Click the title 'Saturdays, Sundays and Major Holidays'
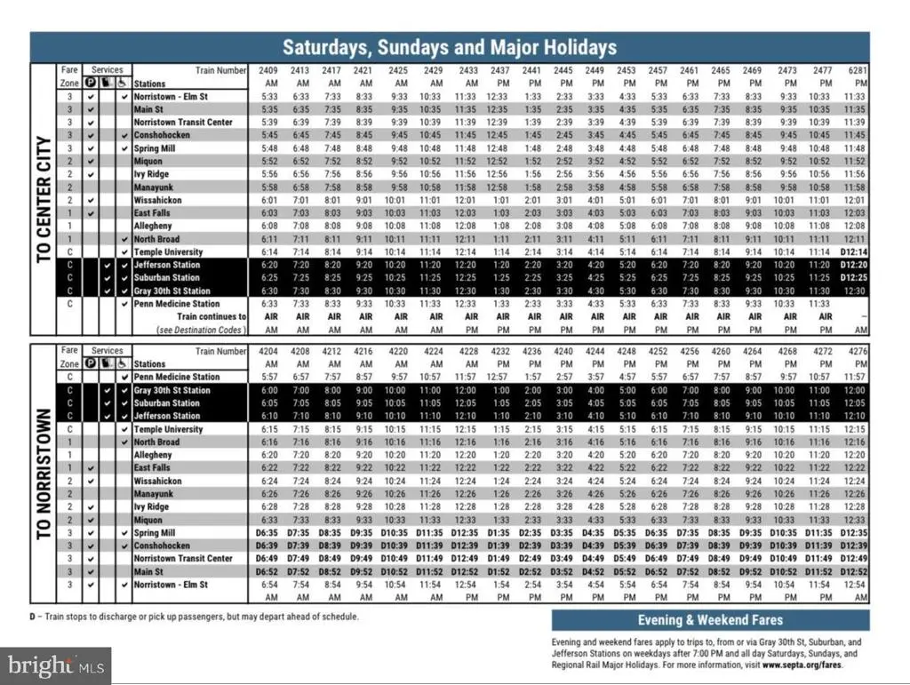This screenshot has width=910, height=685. click(449, 47)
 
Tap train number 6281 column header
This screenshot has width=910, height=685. click(855, 69)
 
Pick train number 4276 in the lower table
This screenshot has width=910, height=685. click(855, 350)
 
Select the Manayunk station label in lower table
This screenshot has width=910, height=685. click(156, 494)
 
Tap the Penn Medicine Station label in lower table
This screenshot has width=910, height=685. click(177, 377)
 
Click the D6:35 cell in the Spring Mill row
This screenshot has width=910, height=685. click(268, 533)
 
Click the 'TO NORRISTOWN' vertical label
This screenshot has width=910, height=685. click(44, 474)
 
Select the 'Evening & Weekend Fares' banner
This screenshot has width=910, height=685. click(710, 619)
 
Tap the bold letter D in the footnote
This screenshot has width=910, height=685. click(32, 616)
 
